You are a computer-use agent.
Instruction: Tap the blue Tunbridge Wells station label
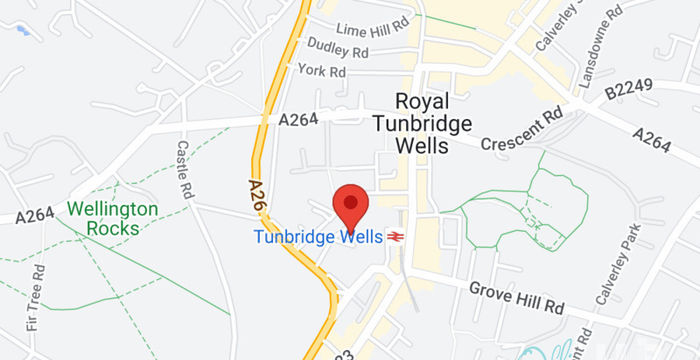318,237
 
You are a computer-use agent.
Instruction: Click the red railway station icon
397,237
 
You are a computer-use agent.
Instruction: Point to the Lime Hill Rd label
372,29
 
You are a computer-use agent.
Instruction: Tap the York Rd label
321,71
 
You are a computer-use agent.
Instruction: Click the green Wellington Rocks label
113,218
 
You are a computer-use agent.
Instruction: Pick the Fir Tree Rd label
37,297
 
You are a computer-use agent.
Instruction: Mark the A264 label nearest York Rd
298,120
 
